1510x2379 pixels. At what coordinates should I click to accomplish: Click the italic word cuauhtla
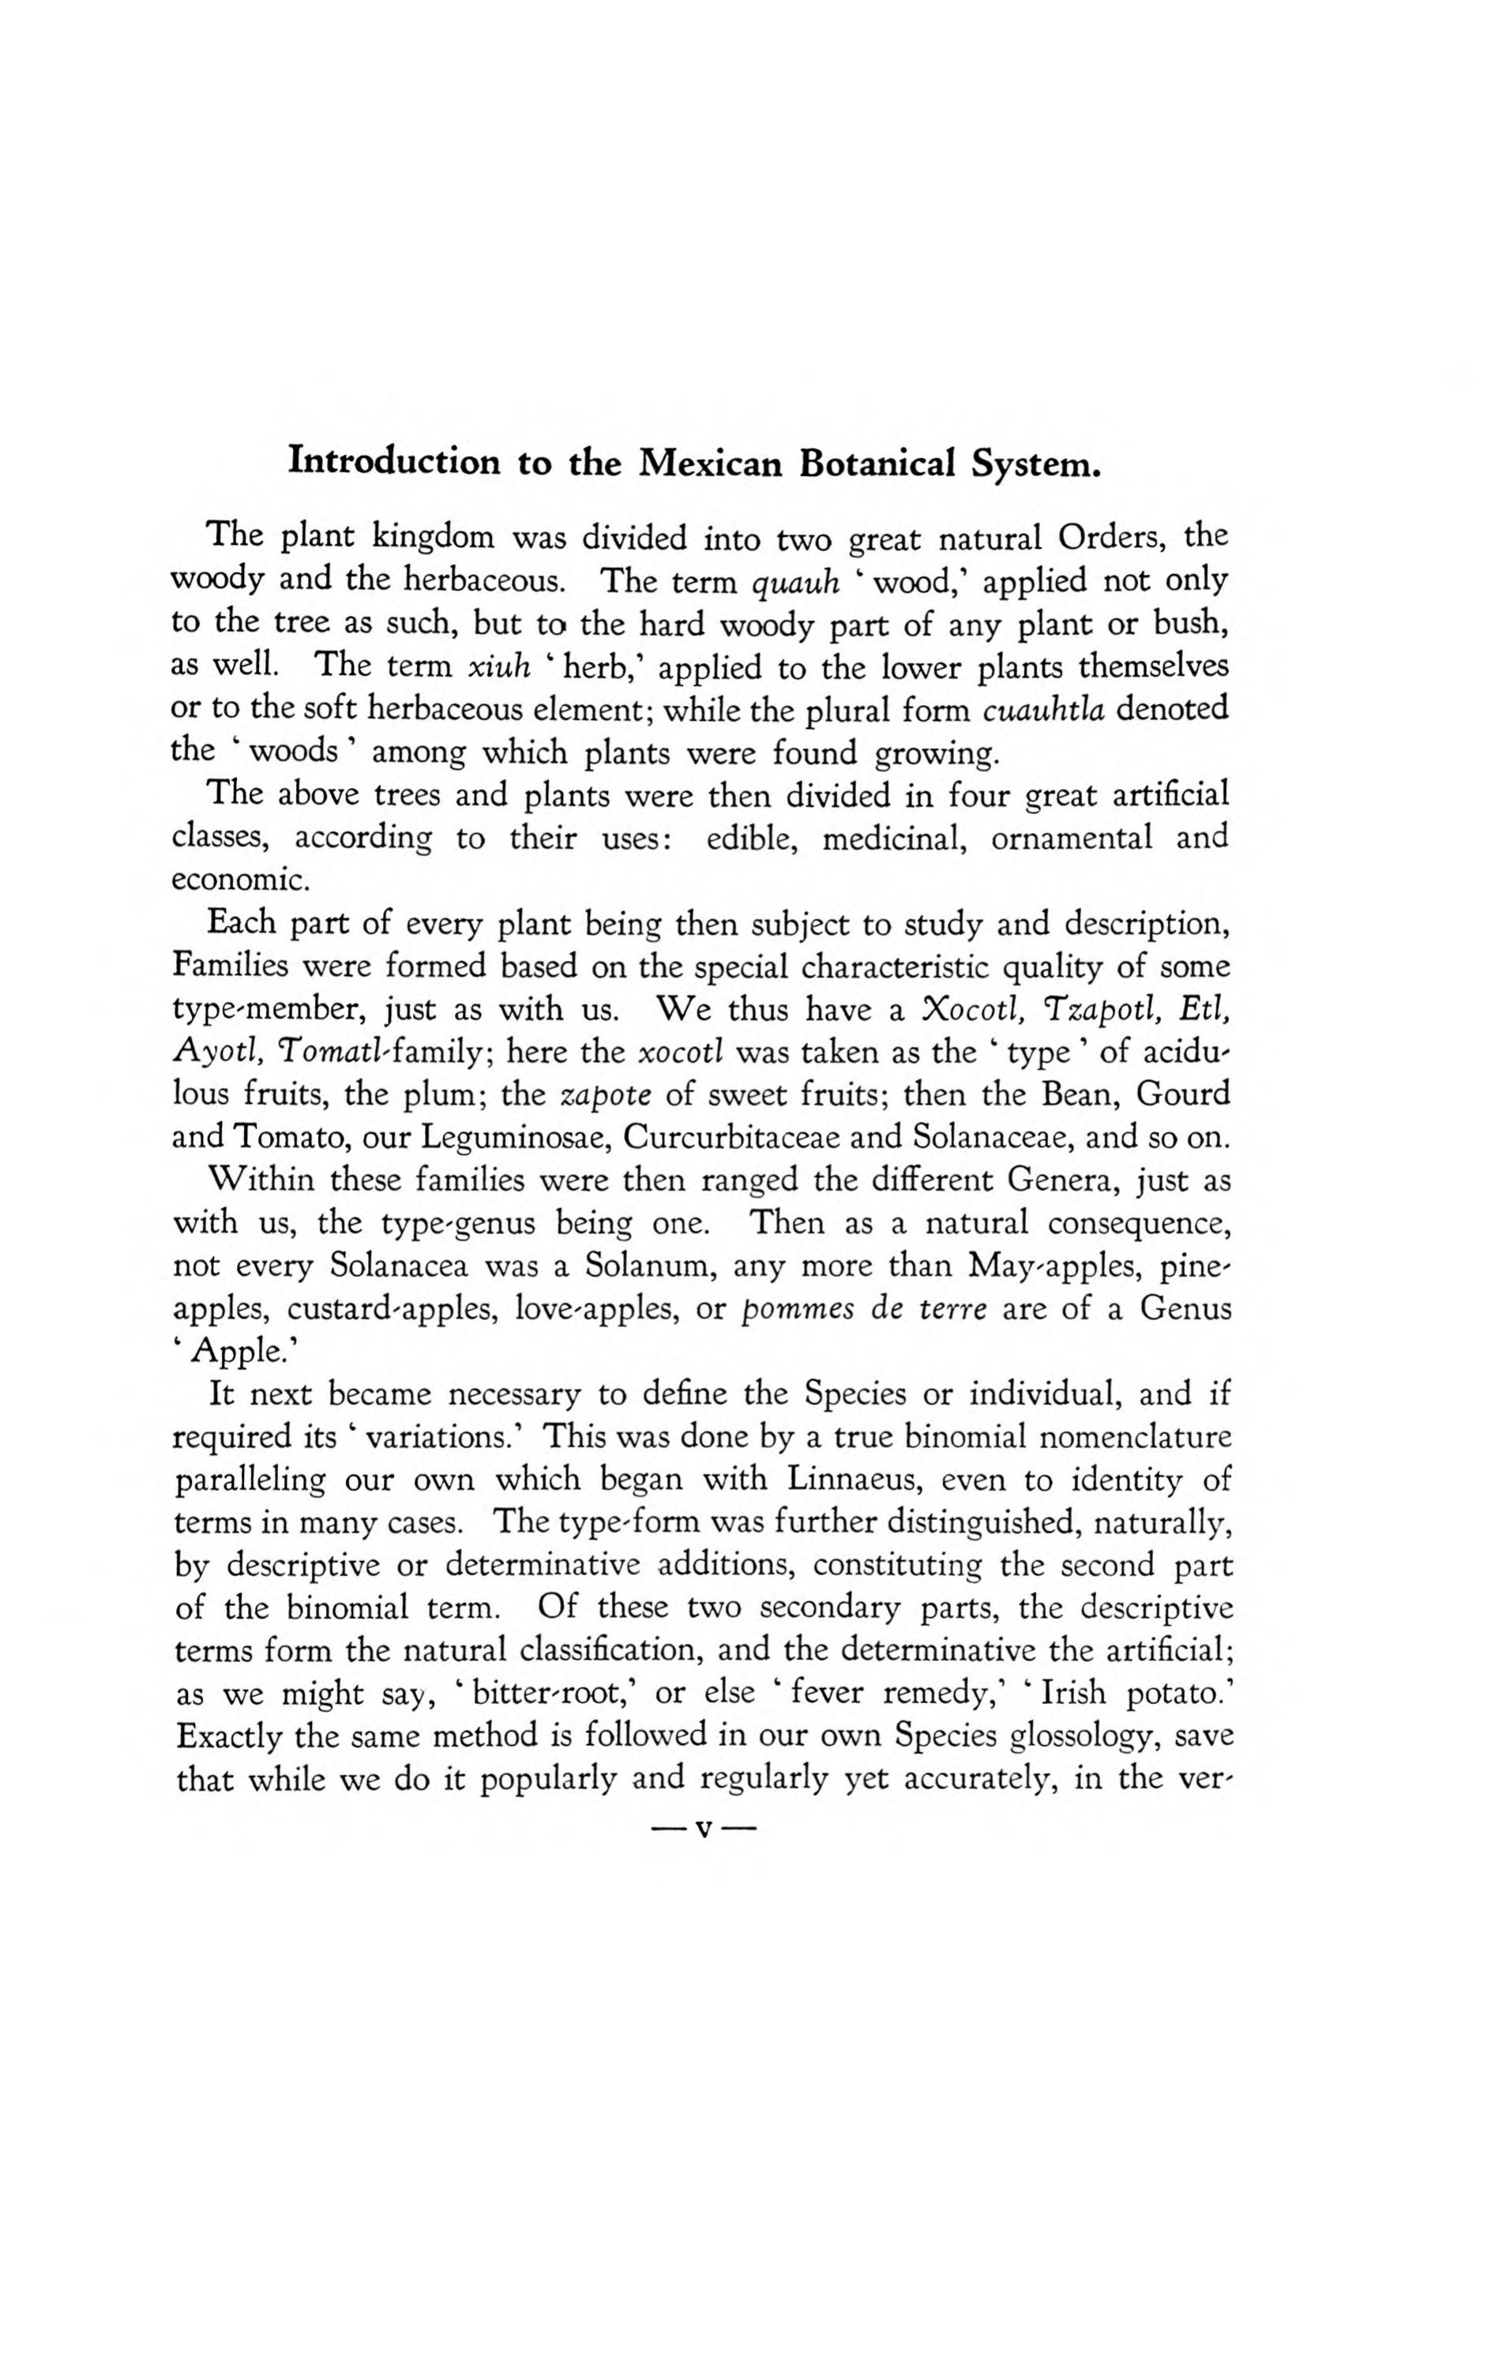click(x=1047, y=709)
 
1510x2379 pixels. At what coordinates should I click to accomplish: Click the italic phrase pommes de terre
click(x=865, y=1309)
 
